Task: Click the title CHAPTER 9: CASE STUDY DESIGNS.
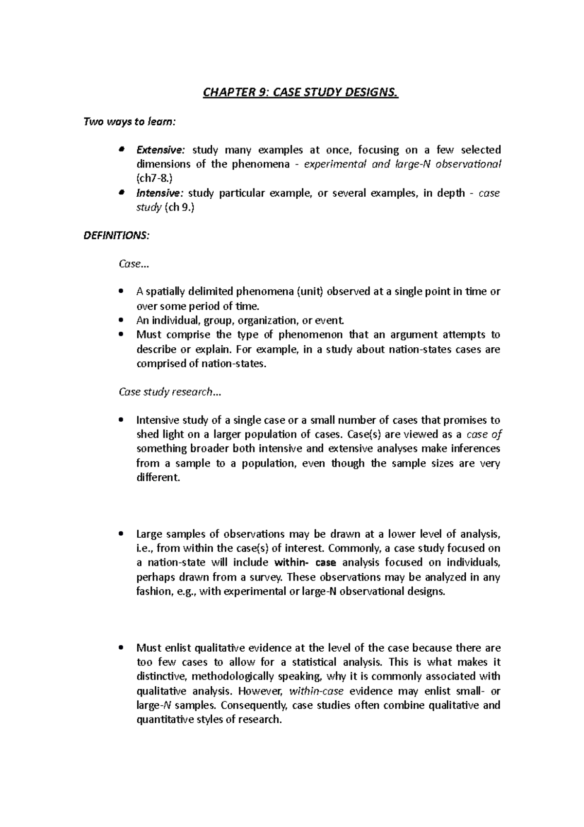click(x=300, y=92)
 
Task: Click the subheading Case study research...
click(x=169, y=392)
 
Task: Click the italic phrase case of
click(x=484, y=434)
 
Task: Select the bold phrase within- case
click(x=305, y=563)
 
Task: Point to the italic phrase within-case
click(x=316, y=691)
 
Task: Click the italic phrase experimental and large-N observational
click(x=402, y=164)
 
